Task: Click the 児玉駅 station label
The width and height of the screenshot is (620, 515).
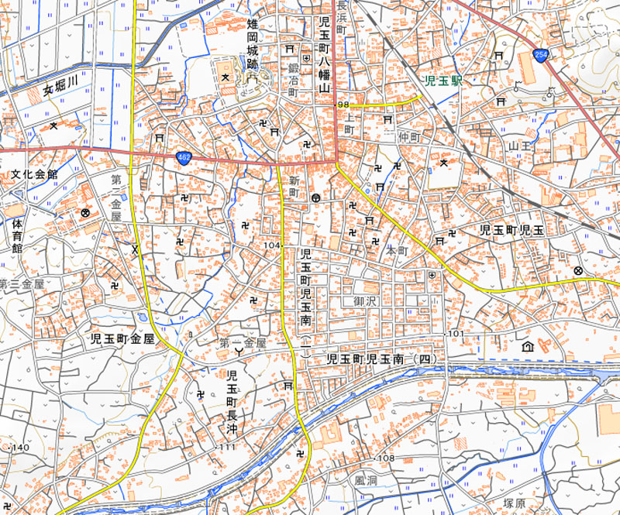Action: [444, 80]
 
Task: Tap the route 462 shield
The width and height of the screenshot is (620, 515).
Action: [183, 157]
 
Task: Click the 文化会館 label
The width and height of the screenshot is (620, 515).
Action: [34, 175]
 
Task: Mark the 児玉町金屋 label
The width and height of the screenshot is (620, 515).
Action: [123, 338]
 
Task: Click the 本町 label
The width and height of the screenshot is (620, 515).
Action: [396, 251]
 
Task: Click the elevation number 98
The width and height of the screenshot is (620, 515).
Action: [343, 104]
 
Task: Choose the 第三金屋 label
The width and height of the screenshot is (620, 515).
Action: [22, 284]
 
